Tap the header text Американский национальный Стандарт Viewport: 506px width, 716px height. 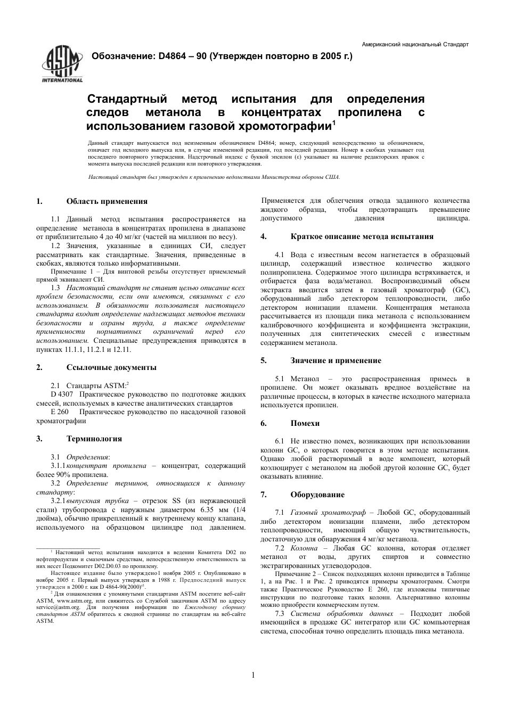(415, 44)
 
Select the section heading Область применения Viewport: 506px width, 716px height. (107, 201)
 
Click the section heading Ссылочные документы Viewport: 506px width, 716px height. (111, 367)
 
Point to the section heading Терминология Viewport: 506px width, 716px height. (94, 439)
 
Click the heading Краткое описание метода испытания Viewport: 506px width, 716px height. (362, 236)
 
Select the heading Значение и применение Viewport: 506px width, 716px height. (336, 360)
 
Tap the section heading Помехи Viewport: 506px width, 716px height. (305, 423)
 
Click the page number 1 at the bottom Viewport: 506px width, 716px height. (253, 675)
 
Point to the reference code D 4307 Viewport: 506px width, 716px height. (62, 394)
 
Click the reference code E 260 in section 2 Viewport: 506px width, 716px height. (60, 412)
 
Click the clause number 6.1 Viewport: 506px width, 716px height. (280, 441)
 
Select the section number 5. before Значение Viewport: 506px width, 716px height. (263, 360)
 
